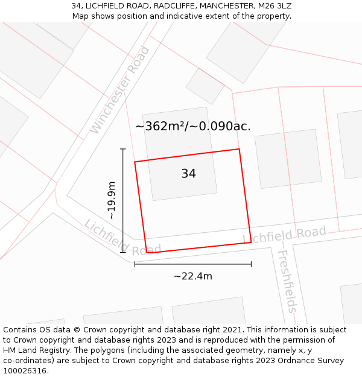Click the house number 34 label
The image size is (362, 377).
[188, 174]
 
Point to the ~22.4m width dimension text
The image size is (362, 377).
[193, 276]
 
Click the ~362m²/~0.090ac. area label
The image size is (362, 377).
[193, 127]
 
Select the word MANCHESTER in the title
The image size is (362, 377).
[227, 5]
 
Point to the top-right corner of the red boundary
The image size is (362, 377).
[240, 149]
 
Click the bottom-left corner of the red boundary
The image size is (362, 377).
[147, 253]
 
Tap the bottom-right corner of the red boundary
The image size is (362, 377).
[251, 242]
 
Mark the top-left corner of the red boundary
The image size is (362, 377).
[135, 162]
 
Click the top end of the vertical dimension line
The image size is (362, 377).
[123, 149]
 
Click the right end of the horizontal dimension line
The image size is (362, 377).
[251, 264]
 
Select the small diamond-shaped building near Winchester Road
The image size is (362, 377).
[205, 86]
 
